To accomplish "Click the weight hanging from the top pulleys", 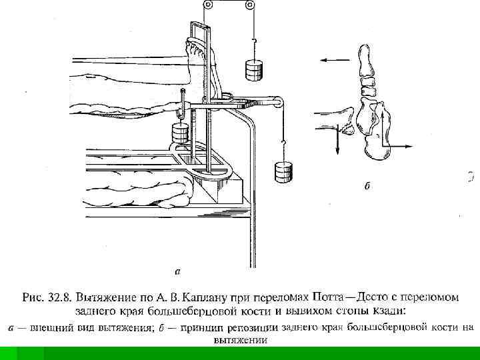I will [x=253, y=69].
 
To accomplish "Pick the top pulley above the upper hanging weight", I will [x=251, y=5].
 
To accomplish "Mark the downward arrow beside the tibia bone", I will [x=337, y=141].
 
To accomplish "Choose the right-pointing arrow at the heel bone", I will [x=404, y=145].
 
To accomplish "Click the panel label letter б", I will [x=367, y=186].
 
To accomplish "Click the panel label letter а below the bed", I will [x=177, y=271].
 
